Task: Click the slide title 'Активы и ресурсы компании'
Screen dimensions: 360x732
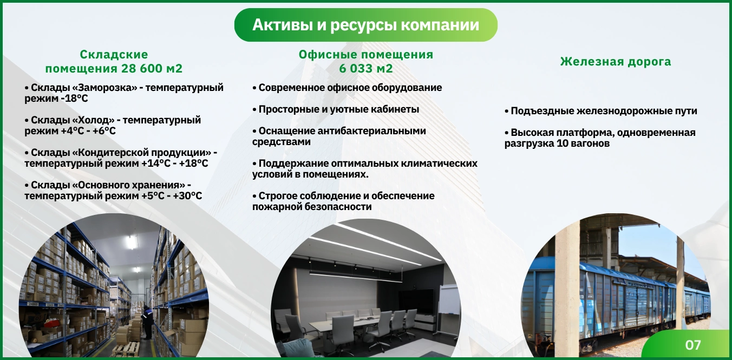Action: [x=365, y=25]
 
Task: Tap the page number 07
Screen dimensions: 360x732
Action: [x=692, y=345]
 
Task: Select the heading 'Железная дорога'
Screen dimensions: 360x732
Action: [x=616, y=62]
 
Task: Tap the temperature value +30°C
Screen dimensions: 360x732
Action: [x=187, y=196]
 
